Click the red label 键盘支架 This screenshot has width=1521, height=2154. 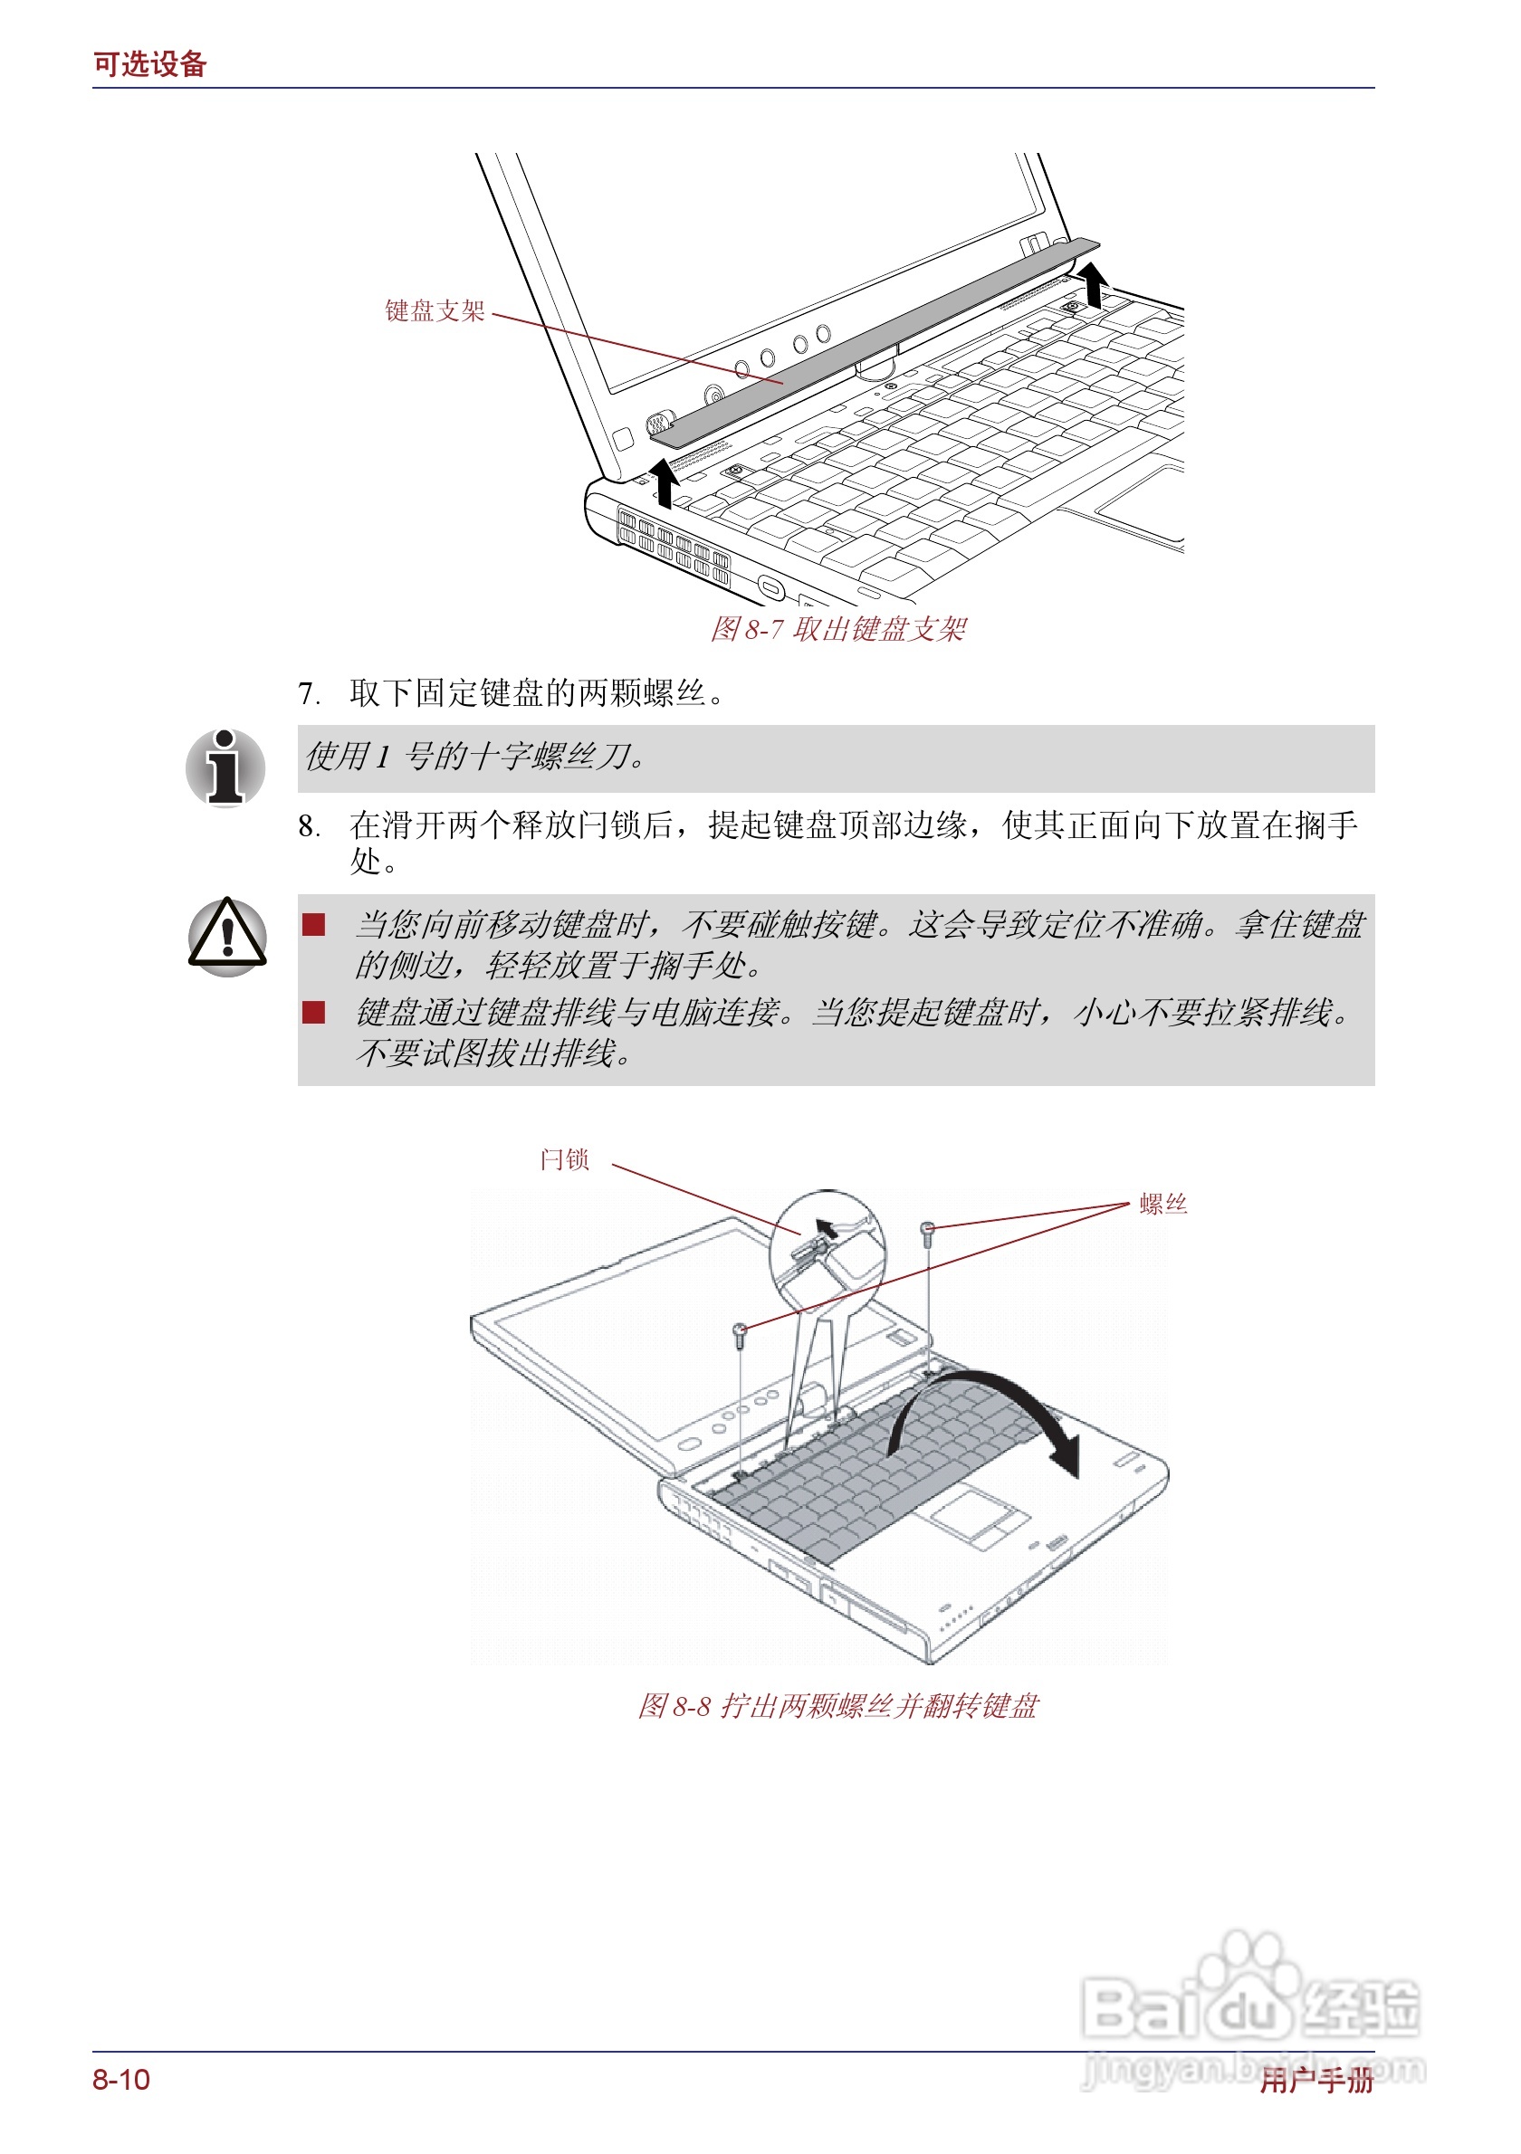click(x=435, y=310)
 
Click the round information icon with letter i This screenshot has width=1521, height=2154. click(x=225, y=767)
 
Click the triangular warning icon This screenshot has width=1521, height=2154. click(x=227, y=937)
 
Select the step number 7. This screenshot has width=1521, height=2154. click(x=308, y=694)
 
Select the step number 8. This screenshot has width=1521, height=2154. click(x=308, y=826)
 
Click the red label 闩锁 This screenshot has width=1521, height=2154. click(x=564, y=1159)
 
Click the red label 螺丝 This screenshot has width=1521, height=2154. click(x=1162, y=1204)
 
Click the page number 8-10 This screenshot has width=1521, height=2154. click(x=121, y=2080)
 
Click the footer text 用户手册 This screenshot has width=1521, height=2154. click(x=1315, y=2080)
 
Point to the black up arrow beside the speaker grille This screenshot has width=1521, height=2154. click(x=665, y=482)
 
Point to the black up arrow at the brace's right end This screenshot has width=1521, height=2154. click(x=1093, y=284)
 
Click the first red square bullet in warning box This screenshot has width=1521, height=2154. click(x=313, y=925)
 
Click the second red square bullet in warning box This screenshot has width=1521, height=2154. click(x=313, y=1011)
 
